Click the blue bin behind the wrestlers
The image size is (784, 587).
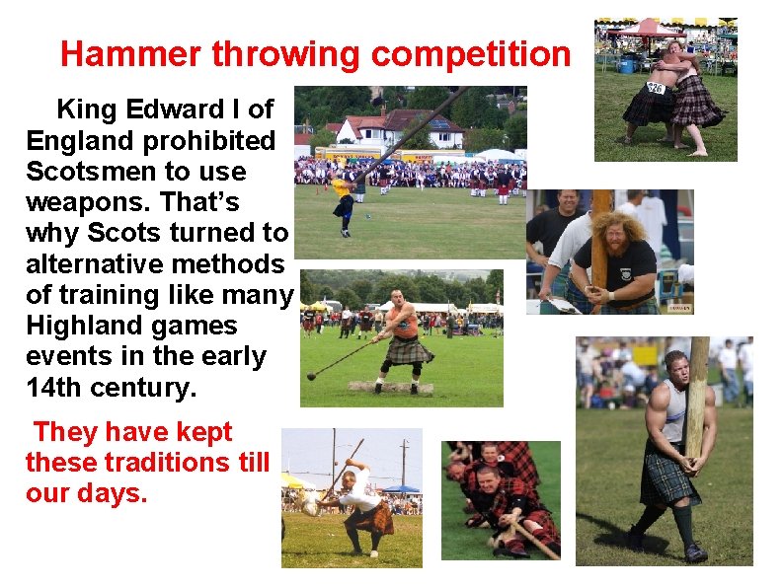626,65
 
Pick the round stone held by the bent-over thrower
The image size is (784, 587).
310,506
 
